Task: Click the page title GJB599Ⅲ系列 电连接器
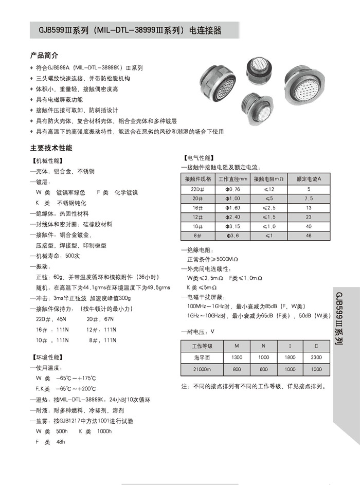coord(126,30)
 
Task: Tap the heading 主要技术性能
coord(51,148)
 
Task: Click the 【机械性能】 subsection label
coord(47,160)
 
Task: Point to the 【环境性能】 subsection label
coord(47,357)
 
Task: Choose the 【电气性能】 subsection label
coord(199,157)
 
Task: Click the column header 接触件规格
coord(197,179)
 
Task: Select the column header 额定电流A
coord(309,179)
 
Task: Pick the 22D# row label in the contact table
coord(197,189)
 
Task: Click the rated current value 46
coord(309,236)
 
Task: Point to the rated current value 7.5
coord(309,199)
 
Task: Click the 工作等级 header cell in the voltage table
coord(202,346)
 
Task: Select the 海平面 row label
coord(202,357)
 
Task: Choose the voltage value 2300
coord(316,357)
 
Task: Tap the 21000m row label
coord(202,369)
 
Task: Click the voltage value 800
coord(237,369)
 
